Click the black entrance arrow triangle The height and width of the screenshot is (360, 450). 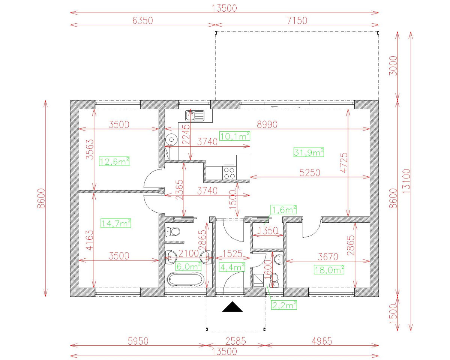pos(232,307)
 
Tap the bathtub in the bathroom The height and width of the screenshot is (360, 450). pos(186,280)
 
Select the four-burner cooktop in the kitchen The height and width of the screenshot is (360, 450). pos(229,172)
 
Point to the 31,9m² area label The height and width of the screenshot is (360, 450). pos(307,152)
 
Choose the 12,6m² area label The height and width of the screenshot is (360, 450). pos(115,161)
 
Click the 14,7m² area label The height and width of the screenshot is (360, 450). pos(116,223)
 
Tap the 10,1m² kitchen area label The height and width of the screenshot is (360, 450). pos(235,136)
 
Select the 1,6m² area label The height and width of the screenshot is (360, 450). pos(284,210)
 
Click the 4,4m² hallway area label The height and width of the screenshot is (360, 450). pos(232,267)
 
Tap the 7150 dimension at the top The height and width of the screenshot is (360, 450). pos(297,20)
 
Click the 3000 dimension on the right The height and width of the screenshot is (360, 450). pos(393,66)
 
